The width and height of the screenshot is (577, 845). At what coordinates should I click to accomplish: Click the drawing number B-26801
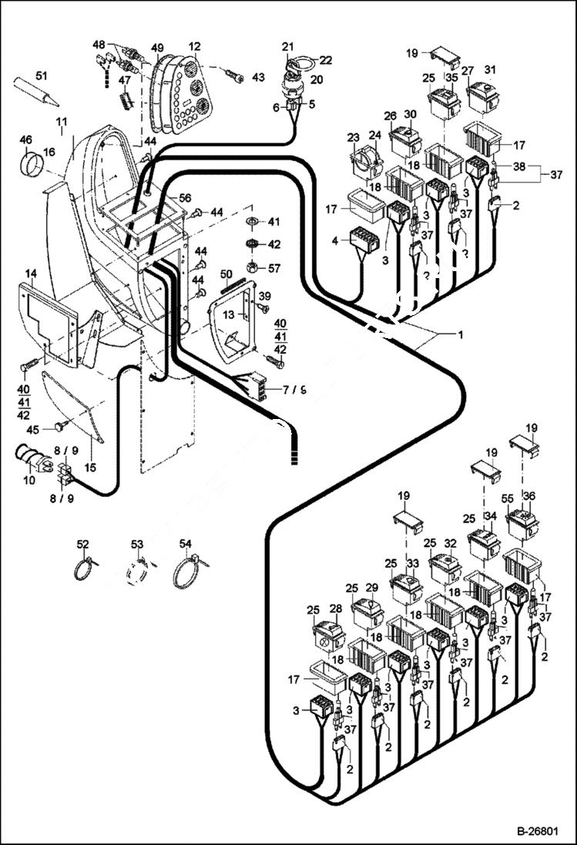coord(540,832)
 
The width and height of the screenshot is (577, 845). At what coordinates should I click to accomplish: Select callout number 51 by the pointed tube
coord(41,75)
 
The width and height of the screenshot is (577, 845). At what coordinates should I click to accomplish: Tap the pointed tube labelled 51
coord(39,92)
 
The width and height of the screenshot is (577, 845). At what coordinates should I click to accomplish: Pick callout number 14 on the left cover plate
coord(31,273)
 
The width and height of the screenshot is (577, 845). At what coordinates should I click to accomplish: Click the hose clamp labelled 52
coord(84,571)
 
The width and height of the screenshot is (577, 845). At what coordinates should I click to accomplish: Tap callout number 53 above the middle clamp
coord(136,545)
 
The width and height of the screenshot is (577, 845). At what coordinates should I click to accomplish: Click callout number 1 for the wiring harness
coord(460,335)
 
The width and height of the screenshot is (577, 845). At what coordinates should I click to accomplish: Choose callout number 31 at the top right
coord(490,70)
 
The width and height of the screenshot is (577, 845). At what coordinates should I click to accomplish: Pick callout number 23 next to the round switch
coord(354,137)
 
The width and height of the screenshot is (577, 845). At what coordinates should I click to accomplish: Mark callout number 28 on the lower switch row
coord(335,609)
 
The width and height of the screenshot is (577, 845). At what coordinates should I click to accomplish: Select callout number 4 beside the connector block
coord(335,241)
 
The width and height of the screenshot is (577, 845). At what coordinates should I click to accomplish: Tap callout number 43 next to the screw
coord(258,77)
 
